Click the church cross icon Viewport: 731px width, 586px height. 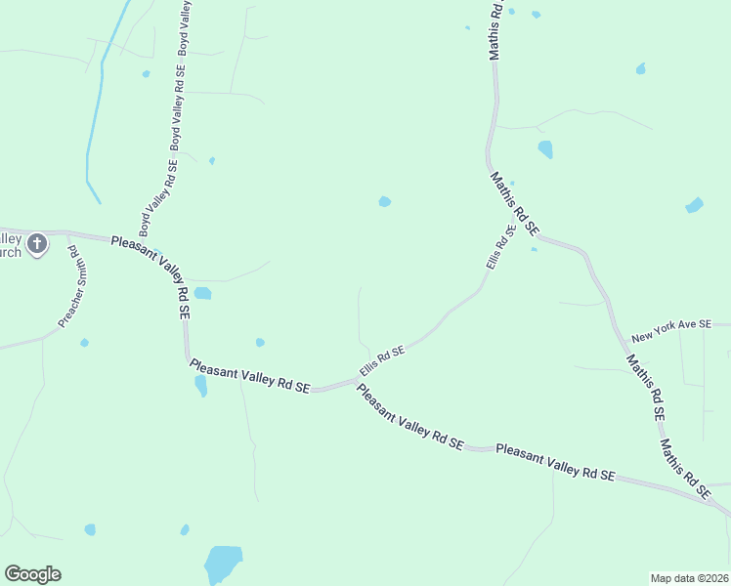[37, 243]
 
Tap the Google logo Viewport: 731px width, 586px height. [32, 574]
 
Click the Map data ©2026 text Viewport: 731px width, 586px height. [688, 577]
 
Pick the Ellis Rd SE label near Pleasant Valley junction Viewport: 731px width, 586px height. [382, 359]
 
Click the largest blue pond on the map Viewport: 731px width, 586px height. [223, 564]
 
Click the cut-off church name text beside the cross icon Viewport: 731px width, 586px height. [11, 245]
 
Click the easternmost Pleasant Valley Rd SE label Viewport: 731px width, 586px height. [555, 462]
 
